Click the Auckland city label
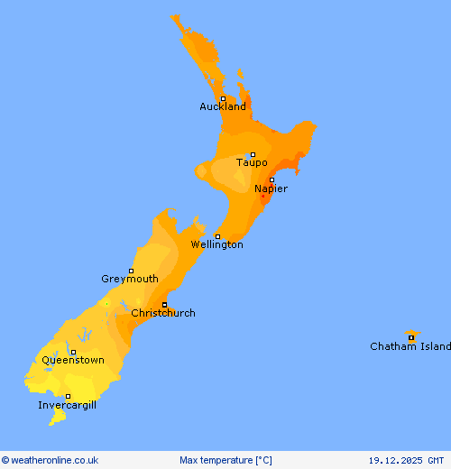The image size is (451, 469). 223,106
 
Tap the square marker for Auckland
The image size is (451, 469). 223,98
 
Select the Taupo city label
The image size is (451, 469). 252,162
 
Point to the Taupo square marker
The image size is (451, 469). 253,154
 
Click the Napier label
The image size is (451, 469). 271,189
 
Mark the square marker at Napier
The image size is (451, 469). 272,179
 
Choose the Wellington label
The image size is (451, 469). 216,244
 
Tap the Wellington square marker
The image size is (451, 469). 217,236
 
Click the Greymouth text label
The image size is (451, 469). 130,279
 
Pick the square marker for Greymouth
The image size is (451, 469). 131,271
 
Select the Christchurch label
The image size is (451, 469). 163,313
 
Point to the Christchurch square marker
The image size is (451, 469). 164,304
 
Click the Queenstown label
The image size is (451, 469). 73,360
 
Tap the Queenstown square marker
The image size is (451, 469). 74,352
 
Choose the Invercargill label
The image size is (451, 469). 67,405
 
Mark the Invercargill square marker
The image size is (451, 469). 68,396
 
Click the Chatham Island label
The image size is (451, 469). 410,346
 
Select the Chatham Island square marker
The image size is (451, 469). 411,338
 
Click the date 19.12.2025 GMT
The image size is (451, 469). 406,460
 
